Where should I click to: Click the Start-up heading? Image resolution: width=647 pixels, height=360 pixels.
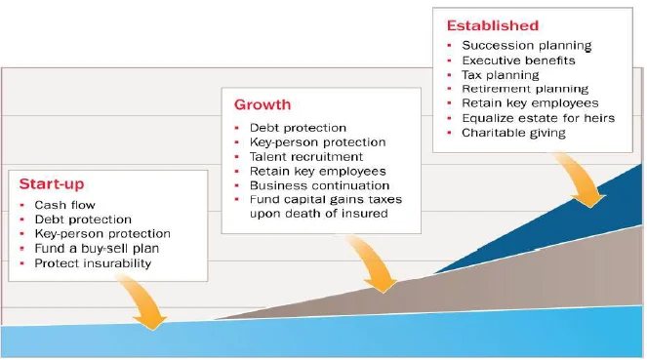coord(52,184)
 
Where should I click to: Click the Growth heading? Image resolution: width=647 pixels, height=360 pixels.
coord(263,104)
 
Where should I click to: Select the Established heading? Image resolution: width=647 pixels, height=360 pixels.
coord(493,25)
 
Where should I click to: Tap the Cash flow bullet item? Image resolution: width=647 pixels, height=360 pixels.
coord(64,205)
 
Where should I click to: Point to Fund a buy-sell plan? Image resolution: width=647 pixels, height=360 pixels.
coord(97,248)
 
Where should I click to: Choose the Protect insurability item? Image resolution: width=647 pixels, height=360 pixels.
coord(93,263)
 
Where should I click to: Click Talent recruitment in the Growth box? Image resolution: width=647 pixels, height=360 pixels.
coord(306,157)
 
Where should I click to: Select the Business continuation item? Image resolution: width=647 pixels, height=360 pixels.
coord(319,185)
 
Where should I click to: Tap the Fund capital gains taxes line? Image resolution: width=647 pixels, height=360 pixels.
coord(326,200)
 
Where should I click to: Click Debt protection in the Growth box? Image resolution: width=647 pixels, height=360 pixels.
coord(298,128)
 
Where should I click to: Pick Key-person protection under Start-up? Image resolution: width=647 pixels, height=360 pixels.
coord(102,234)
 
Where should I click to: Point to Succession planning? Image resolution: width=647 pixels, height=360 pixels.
coord(527,45)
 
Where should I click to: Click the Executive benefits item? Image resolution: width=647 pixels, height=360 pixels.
coord(518,60)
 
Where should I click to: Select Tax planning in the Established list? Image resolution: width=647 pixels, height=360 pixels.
coord(500,75)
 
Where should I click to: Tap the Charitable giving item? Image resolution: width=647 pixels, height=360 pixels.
coord(513,133)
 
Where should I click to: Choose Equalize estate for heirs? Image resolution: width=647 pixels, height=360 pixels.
coord(538,118)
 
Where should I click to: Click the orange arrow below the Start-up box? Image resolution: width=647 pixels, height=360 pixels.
coord(145,303)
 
